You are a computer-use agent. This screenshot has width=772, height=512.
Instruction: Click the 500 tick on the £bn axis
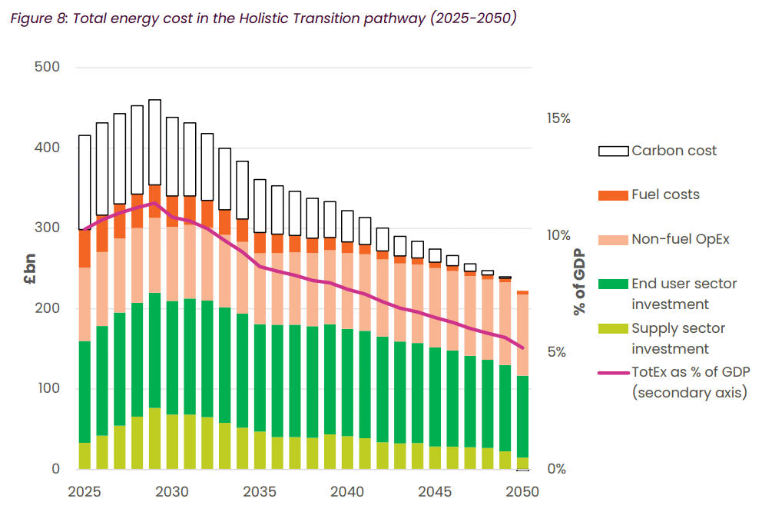pyautogui.click(x=47, y=67)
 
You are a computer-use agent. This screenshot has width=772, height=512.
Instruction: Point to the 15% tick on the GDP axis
pyautogui.click(x=558, y=118)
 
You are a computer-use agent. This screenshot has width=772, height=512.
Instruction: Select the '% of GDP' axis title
pyautogui.click(x=578, y=282)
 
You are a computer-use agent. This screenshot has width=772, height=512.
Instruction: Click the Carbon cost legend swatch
pyautogui.click(x=613, y=151)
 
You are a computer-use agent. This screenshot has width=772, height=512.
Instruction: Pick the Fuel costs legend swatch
pyautogui.click(x=613, y=195)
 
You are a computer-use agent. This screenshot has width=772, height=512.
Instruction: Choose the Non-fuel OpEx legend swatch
pyautogui.click(x=613, y=240)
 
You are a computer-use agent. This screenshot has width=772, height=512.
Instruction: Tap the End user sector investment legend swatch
pyautogui.click(x=613, y=284)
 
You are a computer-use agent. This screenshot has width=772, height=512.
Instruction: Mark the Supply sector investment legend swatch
pyautogui.click(x=613, y=329)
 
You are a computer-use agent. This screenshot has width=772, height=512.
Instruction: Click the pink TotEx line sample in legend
pyautogui.click(x=613, y=374)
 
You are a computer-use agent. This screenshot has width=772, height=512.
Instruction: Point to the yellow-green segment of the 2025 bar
pyautogui.click(x=85, y=456)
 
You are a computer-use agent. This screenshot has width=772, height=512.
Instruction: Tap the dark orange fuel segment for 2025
pyautogui.click(x=85, y=248)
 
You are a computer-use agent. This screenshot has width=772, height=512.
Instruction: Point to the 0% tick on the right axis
pyautogui.click(x=558, y=469)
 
